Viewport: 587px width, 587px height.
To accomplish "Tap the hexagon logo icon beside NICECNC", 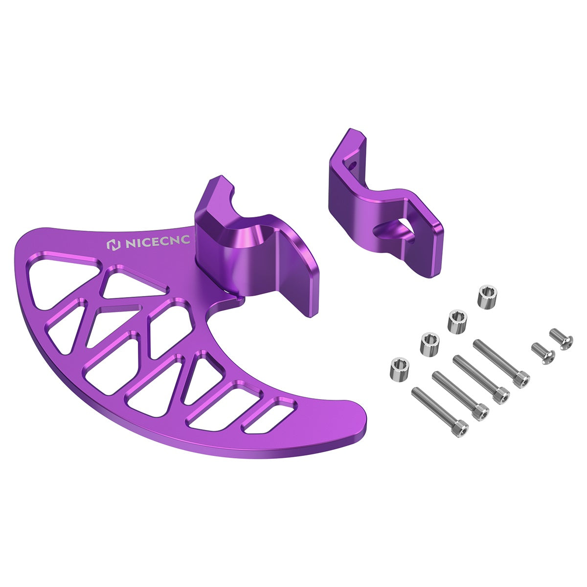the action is point(113,245).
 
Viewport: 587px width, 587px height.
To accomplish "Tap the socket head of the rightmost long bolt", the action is point(520,379).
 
